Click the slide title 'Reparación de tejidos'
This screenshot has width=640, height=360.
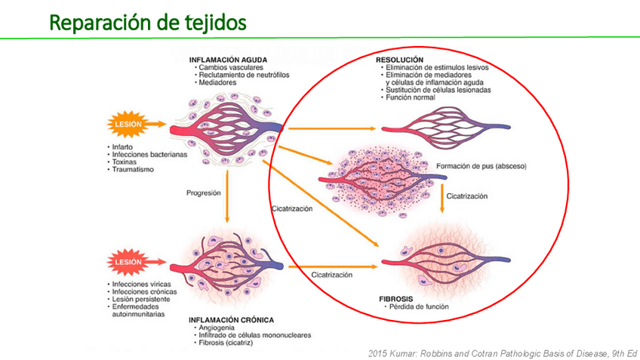coord(147,23)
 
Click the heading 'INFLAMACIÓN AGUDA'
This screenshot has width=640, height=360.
coord(228,59)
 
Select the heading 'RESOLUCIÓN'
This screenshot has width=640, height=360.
coord(399,59)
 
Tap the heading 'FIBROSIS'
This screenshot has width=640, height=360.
coord(395,299)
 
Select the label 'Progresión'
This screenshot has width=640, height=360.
coord(204,193)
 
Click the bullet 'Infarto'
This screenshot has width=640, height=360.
coord(123,146)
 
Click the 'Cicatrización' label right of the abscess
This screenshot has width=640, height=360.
coord(467,196)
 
